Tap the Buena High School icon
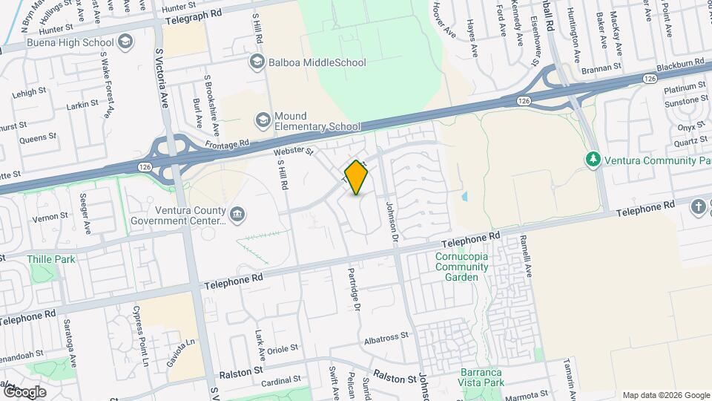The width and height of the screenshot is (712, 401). point(124,42)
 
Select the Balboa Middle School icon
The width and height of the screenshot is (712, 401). point(257,62)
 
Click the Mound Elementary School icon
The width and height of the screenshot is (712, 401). point(262,120)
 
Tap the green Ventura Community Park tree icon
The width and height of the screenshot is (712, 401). point(592,159)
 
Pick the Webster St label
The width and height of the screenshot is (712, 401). point(294,151)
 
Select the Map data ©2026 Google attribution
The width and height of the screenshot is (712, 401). point(665,395)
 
